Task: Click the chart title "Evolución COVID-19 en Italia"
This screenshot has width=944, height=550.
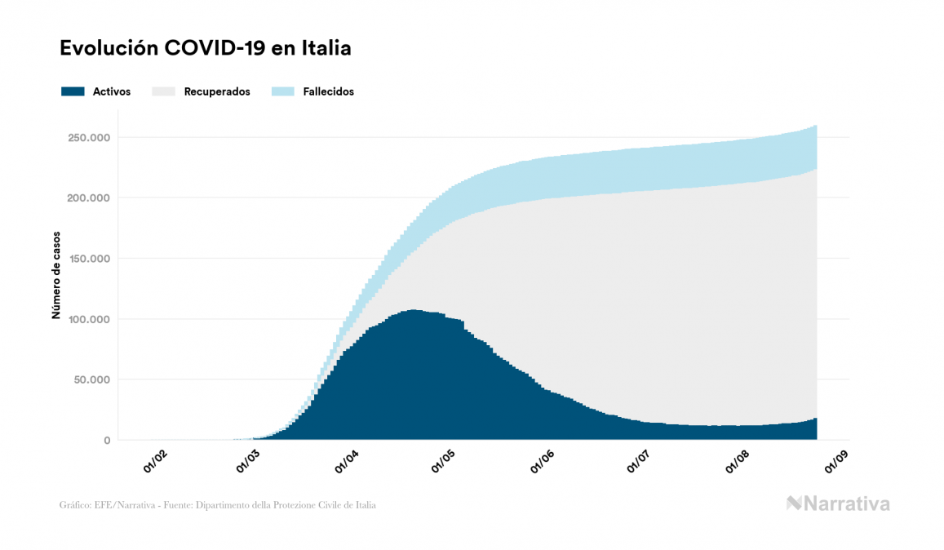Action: coord(205,48)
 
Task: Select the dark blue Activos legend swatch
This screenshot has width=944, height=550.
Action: coord(73,91)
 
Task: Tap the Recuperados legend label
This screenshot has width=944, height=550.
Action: coord(217,91)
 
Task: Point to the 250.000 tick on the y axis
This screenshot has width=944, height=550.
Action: coord(90,137)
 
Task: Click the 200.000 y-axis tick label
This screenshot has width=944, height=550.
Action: coord(90,197)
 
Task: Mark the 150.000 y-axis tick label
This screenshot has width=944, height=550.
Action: coord(90,259)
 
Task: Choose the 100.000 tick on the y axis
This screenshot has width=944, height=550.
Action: coord(90,319)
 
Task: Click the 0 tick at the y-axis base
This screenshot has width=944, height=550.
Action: coord(107,441)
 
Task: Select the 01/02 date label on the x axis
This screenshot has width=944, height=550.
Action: coord(155,462)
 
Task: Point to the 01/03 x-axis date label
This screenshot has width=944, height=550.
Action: coord(250,462)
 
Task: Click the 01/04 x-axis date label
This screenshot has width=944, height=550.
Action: coord(348,462)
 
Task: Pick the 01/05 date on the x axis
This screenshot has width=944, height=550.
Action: coord(445,462)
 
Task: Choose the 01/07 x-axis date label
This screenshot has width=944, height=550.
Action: coord(638,462)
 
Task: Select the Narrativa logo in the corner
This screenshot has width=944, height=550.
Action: coord(837,503)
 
